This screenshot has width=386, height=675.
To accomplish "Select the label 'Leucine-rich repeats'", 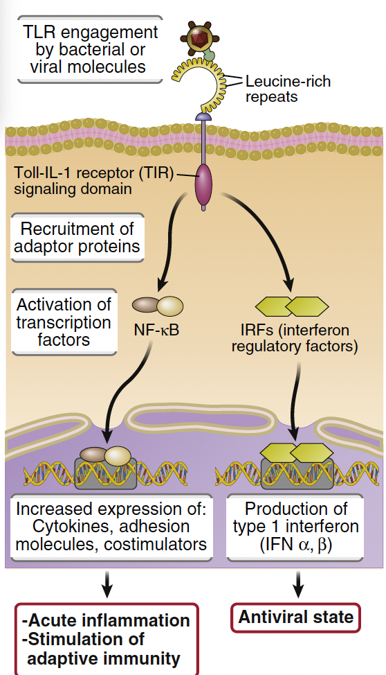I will point(287,89).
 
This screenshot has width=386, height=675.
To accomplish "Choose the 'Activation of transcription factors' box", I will point(64,322).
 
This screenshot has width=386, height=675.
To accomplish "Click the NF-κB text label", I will point(156,329).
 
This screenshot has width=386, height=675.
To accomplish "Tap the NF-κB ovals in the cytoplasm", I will point(158,306).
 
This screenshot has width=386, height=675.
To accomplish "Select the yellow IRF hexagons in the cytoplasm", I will point(291,306).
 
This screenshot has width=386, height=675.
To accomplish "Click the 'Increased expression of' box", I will point(111,526).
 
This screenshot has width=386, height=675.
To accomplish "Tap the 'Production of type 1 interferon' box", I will point(295,526).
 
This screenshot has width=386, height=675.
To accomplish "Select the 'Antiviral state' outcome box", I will point(296,617).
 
